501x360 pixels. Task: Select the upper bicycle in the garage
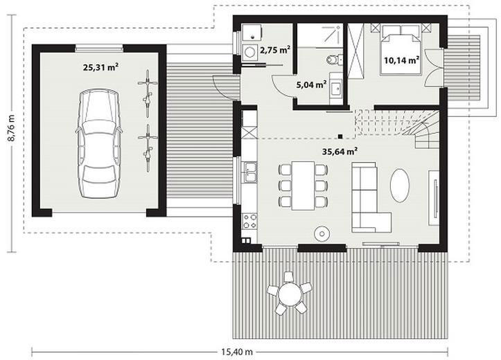pos(146,88)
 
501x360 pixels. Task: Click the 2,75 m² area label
pos(275,51)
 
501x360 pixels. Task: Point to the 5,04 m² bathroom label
pos(311,85)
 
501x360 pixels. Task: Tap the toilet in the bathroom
pos(335,60)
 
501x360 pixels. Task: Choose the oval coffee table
pos(401,186)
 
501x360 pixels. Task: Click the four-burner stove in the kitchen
pos(249,221)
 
